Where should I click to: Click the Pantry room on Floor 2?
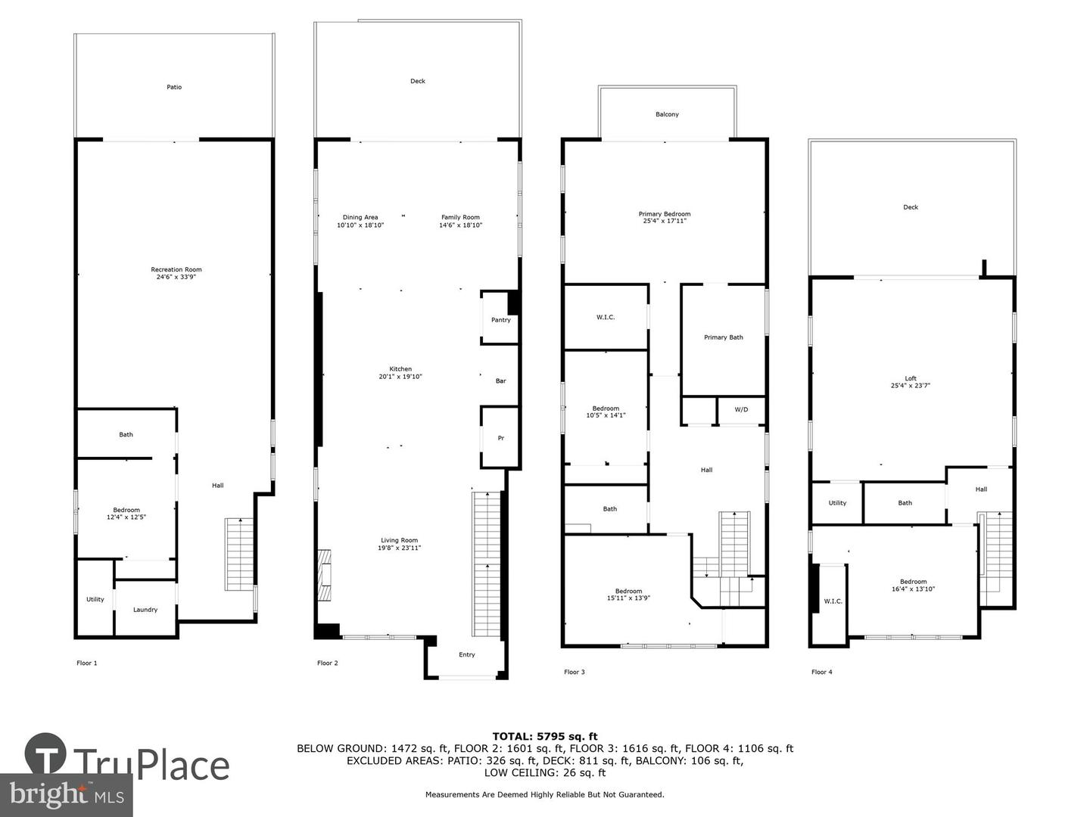500,319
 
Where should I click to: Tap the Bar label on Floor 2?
500,381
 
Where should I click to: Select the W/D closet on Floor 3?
741,409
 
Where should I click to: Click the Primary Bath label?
724,337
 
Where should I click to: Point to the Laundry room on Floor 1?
145,610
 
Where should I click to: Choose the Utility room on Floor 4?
837,503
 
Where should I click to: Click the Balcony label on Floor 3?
667,114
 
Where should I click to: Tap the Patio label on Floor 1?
174,87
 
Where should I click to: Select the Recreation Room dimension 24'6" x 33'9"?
176,277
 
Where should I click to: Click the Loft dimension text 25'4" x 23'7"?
911,386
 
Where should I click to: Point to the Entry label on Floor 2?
467,654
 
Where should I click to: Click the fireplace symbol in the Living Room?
324,575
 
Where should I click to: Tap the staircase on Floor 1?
238,555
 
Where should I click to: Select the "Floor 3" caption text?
574,672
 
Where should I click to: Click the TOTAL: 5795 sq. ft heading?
544,736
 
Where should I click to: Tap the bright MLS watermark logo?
66,794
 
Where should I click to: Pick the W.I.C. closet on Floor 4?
833,601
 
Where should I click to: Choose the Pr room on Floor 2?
500,438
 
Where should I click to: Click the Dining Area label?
360,217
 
